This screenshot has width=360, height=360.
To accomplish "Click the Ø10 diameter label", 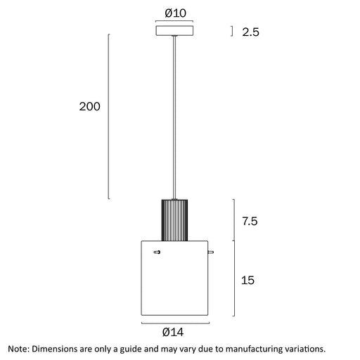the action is tap(176, 13).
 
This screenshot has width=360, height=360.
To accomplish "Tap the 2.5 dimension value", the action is tap(250, 32).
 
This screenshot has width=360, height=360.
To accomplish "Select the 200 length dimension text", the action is tap(89, 106).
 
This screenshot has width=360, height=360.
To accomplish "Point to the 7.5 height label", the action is tap(250, 221).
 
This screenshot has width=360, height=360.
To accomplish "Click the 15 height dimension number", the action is tap(247, 281).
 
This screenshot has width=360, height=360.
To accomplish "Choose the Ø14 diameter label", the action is tap(173, 332).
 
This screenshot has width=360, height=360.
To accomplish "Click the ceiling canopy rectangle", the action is tap(174, 31).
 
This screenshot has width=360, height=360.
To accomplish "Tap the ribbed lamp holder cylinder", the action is tap(174, 220).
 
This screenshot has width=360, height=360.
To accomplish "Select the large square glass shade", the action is tap(174, 278).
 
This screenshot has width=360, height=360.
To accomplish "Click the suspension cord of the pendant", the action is tap(174, 117).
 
